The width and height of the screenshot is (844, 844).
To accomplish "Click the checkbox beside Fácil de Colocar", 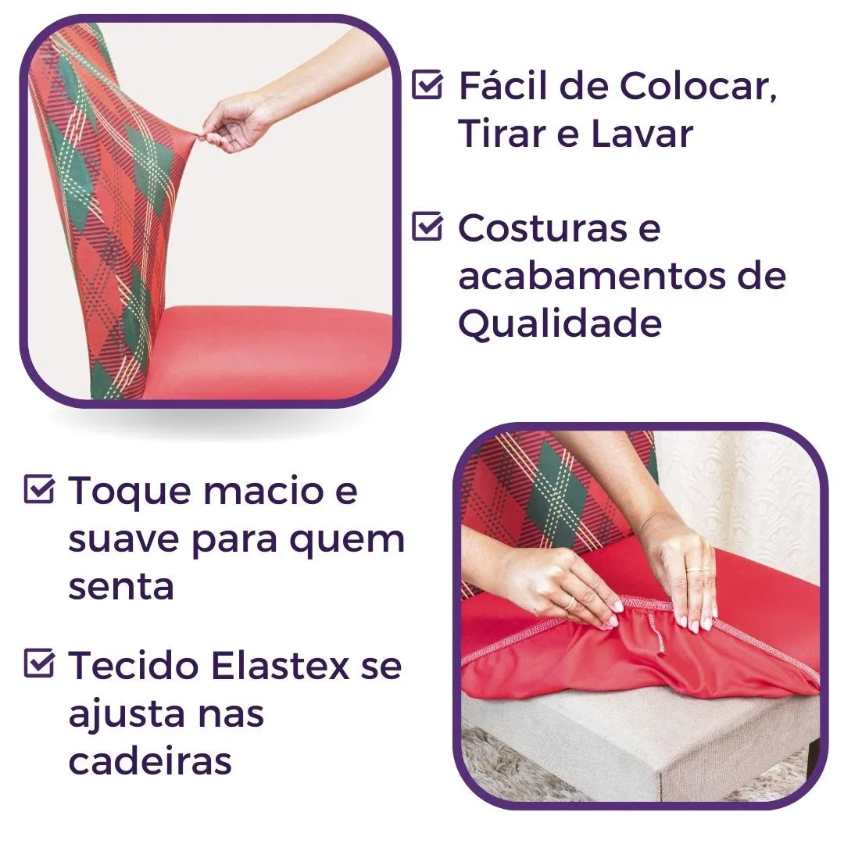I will click(427, 85).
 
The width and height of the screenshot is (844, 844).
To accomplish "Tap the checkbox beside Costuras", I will click(427, 227).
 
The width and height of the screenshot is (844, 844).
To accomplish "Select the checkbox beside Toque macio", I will click(39, 490).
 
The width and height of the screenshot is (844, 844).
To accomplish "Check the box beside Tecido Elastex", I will click(39, 665).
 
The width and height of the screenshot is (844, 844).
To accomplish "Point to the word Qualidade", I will click(560, 323).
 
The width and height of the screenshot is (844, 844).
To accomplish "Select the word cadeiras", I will click(150, 760).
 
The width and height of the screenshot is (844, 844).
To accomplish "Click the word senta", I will click(120, 586).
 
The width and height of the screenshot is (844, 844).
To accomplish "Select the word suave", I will click(124, 538).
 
